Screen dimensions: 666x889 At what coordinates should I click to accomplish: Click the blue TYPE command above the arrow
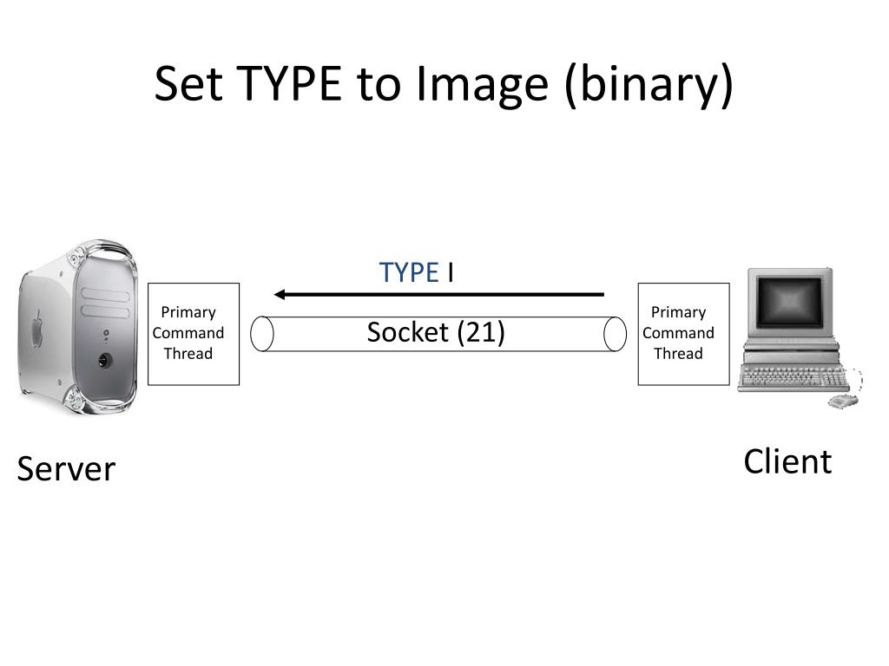pos(408,272)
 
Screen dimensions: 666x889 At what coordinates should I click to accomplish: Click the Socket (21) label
pos(436,332)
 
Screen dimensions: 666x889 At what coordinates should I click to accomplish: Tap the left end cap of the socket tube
pos(262,334)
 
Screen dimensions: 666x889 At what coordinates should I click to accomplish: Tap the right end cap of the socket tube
pos(616,334)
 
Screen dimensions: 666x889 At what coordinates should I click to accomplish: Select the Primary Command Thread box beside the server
pos(194,333)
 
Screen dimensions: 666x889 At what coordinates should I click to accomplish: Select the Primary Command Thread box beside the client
pos(683,333)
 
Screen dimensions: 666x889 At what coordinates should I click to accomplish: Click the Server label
pos(66,469)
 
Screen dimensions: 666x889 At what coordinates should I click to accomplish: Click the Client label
pos(787,461)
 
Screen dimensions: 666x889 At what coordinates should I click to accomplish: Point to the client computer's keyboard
pos(790,378)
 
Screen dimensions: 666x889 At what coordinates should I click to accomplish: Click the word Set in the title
pos(193,84)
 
